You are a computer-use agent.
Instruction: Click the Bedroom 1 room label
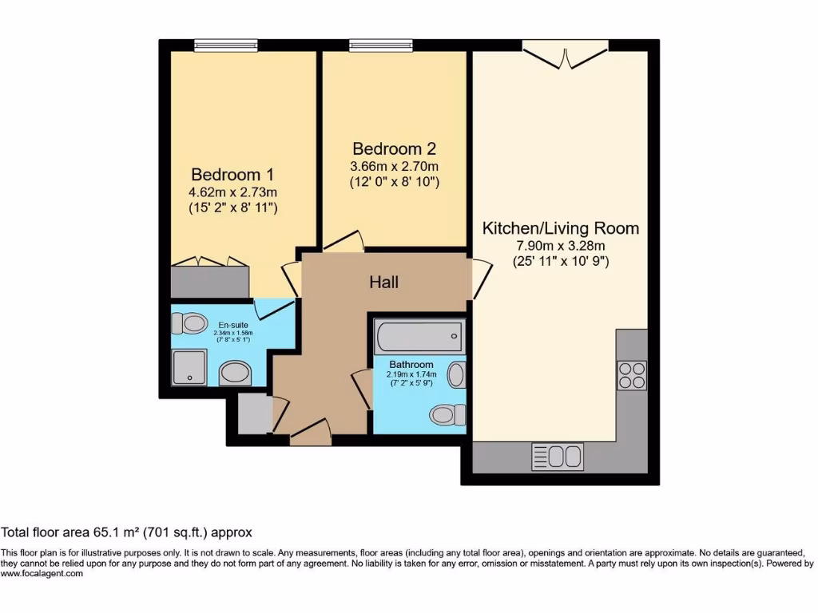[226, 174]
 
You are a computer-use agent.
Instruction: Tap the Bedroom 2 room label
[395, 148]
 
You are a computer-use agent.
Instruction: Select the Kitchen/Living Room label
[560, 228]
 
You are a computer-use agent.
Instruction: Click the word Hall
[383, 282]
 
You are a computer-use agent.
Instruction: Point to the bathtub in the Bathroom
[418, 337]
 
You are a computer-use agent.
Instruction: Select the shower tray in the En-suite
[189, 367]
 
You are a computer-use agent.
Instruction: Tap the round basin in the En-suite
[235, 373]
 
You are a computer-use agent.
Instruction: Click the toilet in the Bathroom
[446, 414]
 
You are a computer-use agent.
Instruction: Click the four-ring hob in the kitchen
[632, 374]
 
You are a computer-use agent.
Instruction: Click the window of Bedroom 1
[225, 45]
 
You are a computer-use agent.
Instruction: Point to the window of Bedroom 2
[380, 45]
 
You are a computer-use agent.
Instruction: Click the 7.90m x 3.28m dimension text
[560, 245]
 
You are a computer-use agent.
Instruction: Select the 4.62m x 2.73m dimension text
[226, 192]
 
